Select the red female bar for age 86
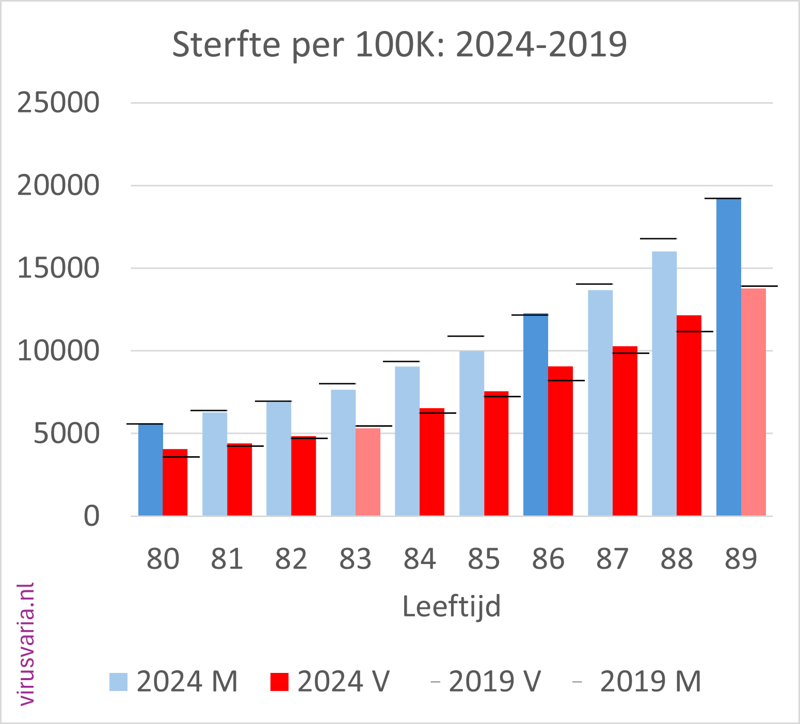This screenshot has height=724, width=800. [561, 441]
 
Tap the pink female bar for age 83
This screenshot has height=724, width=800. [368, 472]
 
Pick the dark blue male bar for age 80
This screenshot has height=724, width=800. [150, 470]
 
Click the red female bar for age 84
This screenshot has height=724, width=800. [432, 462]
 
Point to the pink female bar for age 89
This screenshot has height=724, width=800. [754, 402]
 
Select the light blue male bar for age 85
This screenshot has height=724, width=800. [472, 433]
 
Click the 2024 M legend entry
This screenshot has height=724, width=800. [173, 682]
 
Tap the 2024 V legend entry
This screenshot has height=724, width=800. [330, 682]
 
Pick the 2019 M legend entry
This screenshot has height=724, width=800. [637, 682]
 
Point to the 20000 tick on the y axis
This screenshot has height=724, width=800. [58, 185]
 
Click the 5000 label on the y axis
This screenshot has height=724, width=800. [66, 433]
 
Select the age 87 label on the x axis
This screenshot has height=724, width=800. [612, 559]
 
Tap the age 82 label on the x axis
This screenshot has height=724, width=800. [291, 559]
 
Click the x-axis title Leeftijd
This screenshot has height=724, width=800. [452, 606]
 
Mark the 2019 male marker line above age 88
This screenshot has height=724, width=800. [658, 238]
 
